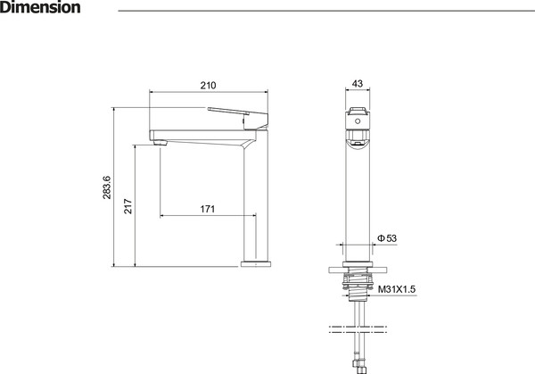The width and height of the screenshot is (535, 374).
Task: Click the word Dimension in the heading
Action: pos(40,7)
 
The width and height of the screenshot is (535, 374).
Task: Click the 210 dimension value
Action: pos(208,85)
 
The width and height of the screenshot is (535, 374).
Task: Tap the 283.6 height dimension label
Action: pos(107,187)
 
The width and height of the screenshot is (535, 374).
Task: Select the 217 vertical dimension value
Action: pos(128,206)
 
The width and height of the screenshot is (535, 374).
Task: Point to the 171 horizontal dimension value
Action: pos(208,209)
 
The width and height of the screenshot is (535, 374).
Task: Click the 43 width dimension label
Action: pos(358,83)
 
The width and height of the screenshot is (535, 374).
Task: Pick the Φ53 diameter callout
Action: pos(387,238)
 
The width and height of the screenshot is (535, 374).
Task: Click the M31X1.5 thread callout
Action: pos(397,289)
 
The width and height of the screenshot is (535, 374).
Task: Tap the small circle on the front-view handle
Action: pos(358,121)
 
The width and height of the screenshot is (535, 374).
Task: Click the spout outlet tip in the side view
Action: pos(160,143)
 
